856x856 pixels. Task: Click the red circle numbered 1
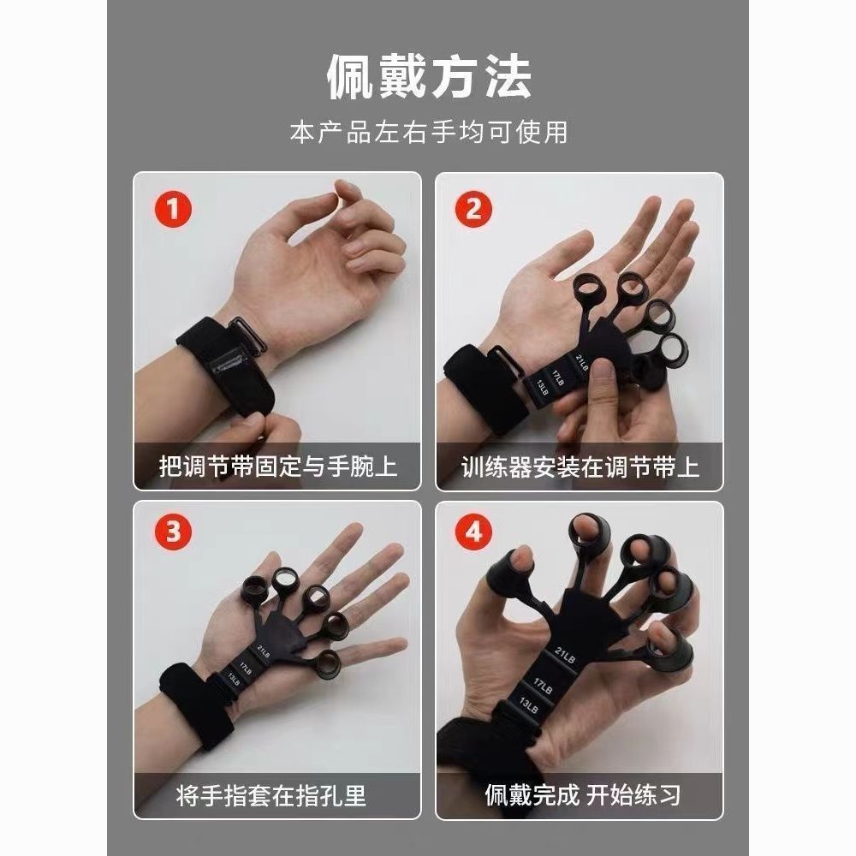[x=173, y=209]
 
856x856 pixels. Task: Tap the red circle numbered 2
[x=474, y=209]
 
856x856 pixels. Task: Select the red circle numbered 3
[x=173, y=532]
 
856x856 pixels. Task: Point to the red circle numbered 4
[x=474, y=532]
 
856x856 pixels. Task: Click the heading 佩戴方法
[x=429, y=77]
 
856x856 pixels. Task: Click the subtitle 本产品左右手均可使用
[x=429, y=133]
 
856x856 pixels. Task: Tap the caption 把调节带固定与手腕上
[x=278, y=467]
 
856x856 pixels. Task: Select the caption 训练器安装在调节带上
[x=580, y=467]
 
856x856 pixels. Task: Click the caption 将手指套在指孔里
[x=271, y=795]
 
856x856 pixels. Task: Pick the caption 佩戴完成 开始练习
[x=582, y=795]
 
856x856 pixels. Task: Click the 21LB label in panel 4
[x=565, y=655]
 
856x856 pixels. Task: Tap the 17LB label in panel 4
[x=544, y=686]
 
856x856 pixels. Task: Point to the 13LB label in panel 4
[x=528, y=705]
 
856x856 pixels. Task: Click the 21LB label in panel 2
[x=582, y=362]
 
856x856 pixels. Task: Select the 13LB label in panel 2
[x=542, y=388]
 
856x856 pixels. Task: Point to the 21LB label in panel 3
[x=263, y=652]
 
